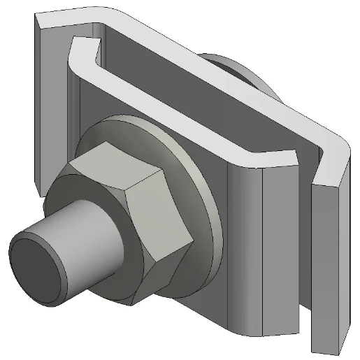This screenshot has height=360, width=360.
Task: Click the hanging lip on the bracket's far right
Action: coord(327,266)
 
